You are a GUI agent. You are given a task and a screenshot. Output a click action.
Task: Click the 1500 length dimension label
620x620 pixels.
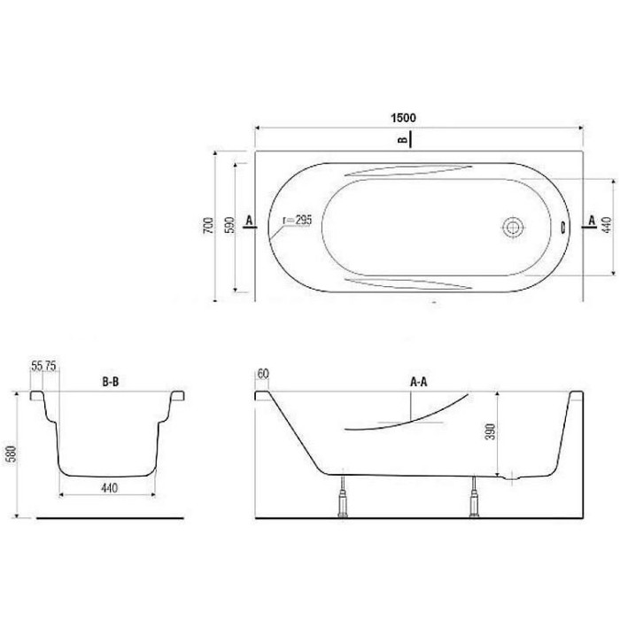click(403, 118)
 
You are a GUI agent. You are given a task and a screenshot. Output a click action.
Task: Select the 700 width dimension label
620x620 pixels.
click(208, 225)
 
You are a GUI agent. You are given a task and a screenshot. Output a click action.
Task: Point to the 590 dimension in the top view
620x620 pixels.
click(229, 225)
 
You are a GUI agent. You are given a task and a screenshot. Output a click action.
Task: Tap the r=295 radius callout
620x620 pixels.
click(298, 221)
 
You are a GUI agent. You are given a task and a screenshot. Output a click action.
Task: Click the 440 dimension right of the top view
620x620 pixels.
click(607, 225)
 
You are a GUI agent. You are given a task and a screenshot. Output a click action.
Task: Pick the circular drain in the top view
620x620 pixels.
click(513, 228)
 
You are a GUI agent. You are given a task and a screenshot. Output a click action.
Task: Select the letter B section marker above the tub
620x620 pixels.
click(402, 140)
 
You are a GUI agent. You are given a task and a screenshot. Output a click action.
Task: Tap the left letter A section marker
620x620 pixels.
click(249, 221)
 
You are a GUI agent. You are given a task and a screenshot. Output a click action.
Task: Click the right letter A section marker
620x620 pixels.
click(592, 221)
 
